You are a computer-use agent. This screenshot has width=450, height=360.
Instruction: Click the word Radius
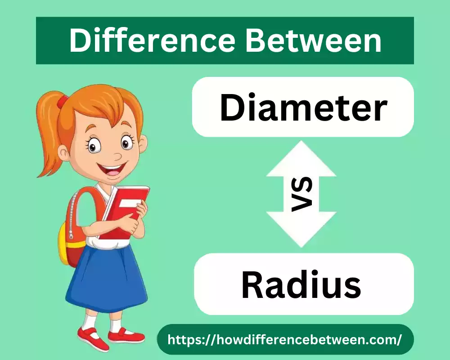tap(301, 284)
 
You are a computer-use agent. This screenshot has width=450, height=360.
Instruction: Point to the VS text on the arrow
tap(302, 194)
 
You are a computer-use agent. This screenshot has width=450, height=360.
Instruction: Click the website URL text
tap(284, 339)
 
